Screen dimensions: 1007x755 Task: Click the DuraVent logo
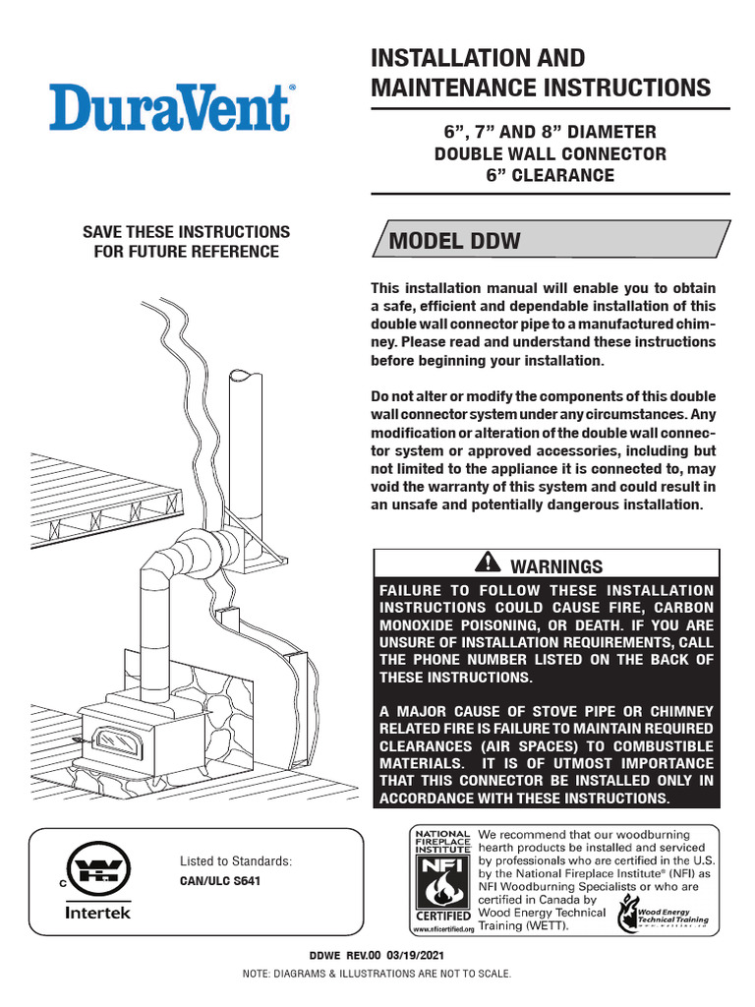170,108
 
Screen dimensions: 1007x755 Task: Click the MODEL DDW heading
455,242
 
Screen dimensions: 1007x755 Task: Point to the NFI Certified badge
441,878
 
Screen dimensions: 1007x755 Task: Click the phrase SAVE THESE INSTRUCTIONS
186,232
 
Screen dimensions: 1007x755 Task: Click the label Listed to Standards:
235,861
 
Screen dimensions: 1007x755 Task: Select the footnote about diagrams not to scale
377,974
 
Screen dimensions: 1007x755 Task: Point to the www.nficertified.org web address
441,928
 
